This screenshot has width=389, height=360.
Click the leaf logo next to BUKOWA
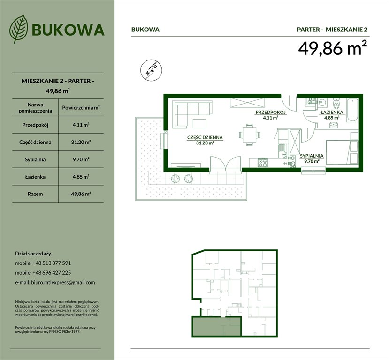(x=18, y=29)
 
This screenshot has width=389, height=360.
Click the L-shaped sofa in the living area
(x=188, y=112)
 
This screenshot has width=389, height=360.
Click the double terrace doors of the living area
(x=224, y=165)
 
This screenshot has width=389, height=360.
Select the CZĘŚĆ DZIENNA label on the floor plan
(x=205, y=138)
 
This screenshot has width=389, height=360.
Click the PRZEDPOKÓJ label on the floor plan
(x=270, y=113)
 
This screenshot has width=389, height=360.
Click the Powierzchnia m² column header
(x=80, y=108)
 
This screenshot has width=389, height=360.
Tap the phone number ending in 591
(x=52, y=263)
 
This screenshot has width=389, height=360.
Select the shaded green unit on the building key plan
(x=216, y=326)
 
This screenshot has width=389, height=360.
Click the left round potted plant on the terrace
(x=175, y=178)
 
